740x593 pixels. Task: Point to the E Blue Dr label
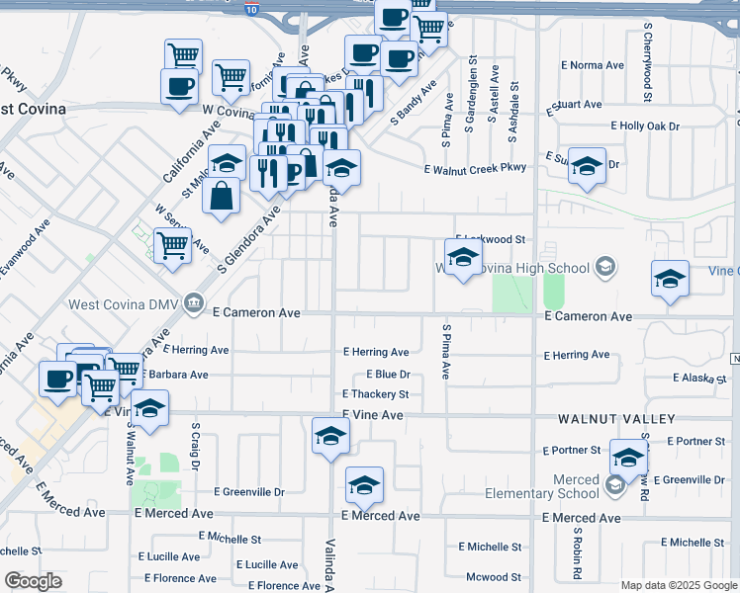click(x=388, y=375)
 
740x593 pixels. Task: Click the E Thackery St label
click(x=375, y=394)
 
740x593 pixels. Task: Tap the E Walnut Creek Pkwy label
click(x=475, y=169)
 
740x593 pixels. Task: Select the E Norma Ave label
click(x=599, y=65)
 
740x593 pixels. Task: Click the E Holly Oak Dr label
click(x=645, y=127)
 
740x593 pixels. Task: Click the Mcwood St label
click(x=493, y=577)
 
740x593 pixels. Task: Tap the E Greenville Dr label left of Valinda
click(x=249, y=491)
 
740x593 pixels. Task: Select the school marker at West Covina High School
click(x=462, y=259)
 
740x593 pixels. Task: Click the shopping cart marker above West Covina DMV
click(x=173, y=245)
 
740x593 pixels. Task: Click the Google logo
click(x=33, y=581)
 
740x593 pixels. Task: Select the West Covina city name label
click(x=33, y=108)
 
